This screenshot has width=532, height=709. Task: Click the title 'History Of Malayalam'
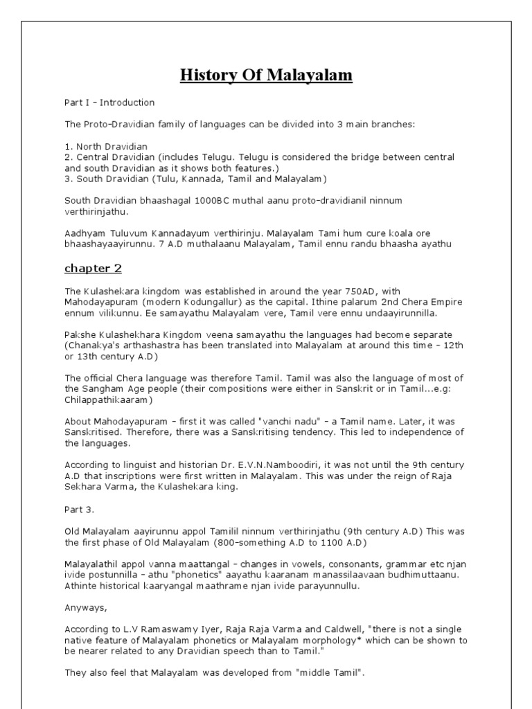click(266, 75)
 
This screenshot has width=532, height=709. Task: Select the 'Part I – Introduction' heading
click(109, 102)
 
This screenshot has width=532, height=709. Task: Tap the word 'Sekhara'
click(85, 487)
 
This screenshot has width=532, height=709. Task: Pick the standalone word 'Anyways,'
click(86, 607)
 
